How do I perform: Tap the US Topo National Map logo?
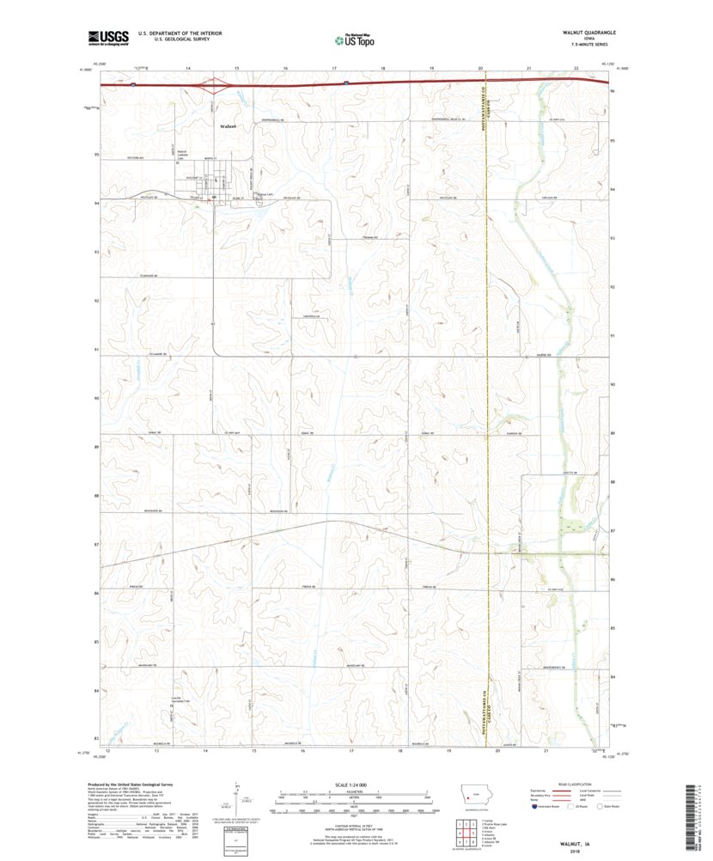354,38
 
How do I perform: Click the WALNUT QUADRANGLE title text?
588,31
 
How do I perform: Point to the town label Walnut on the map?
228,126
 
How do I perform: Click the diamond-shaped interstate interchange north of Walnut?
214,85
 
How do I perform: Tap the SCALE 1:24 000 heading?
352,785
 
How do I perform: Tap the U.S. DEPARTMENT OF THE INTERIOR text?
174,33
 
